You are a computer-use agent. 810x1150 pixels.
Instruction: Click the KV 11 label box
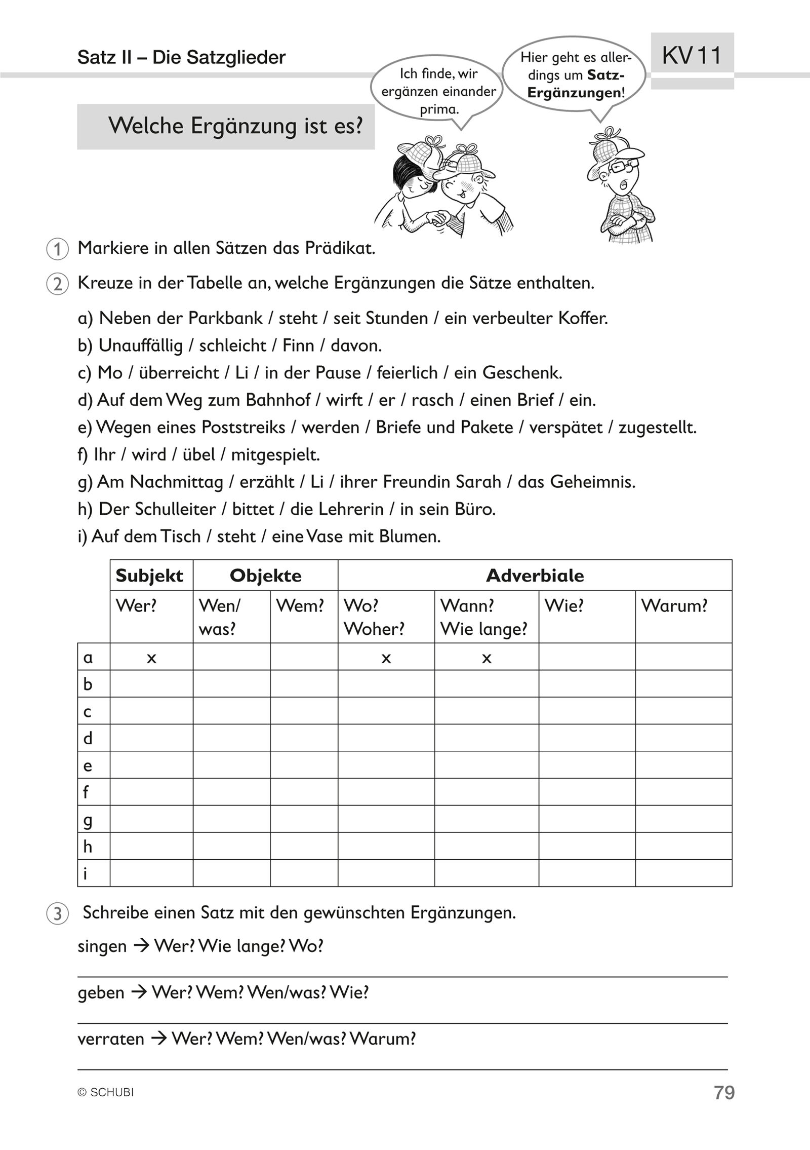tap(692, 55)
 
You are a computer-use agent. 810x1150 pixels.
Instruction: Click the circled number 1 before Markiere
tap(58, 250)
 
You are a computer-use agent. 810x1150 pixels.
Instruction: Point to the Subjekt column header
tap(149, 576)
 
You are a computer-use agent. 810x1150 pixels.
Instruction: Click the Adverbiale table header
tap(535, 576)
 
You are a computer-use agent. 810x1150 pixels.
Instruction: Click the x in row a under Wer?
tap(151, 658)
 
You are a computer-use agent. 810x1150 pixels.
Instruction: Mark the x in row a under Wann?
tap(487, 658)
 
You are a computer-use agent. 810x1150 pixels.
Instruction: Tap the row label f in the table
tap(86, 792)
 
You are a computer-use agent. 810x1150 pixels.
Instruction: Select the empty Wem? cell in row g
tap(304, 819)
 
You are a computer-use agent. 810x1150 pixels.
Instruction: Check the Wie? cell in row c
tap(587, 711)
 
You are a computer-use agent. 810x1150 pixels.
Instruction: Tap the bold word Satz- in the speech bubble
tap(606, 76)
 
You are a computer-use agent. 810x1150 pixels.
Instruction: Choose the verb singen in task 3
tap(102, 946)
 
